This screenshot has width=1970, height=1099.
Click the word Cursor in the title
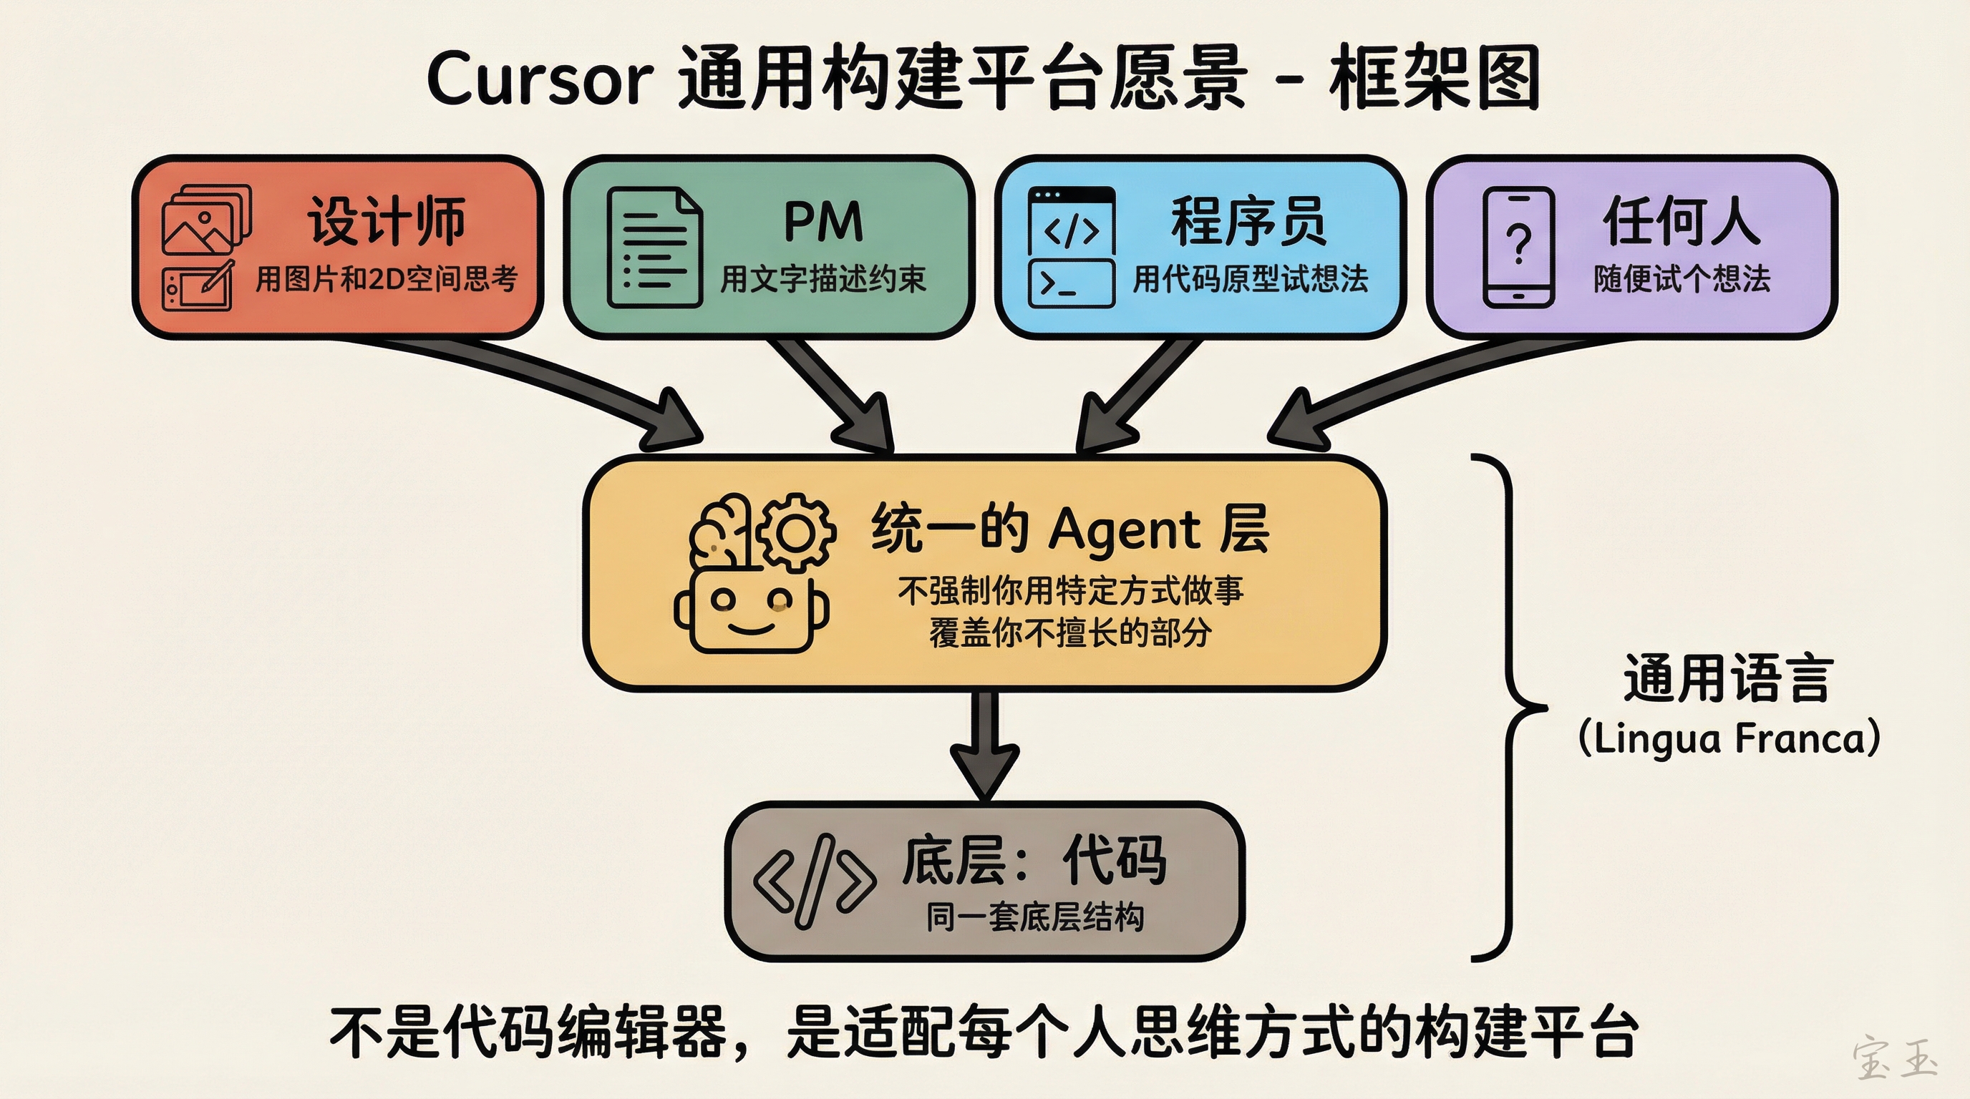[540, 79]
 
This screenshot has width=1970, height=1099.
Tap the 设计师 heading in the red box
[387, 222]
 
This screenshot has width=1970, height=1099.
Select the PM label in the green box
[824, 222]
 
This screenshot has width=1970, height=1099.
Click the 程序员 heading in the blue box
[1249, 222]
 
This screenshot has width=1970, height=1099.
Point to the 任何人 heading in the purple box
[1681, 222]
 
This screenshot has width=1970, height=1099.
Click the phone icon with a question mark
[1519, 247]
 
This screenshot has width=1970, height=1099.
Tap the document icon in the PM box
[654, 248]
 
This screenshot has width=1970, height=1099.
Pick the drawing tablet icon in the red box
[198, 287]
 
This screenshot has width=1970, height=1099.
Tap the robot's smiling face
[750, 612]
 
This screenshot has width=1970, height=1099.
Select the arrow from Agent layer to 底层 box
[985, 745]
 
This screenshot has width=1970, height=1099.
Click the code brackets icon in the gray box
[814, 881]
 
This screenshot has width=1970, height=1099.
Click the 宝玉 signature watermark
[1894, 1058]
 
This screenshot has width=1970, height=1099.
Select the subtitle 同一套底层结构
[1034, 917]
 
